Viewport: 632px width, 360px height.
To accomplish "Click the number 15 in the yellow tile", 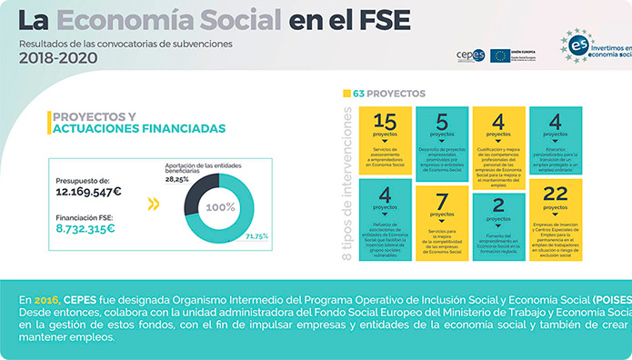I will [x=385, y=121].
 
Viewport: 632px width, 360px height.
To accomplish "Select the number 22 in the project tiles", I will [x=555, y=193].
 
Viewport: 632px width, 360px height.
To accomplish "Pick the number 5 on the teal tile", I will [x=442, y=121].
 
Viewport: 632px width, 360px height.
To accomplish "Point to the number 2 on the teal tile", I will [x=498, y=205].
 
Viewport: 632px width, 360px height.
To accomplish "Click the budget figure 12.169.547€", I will [x=88, y=193].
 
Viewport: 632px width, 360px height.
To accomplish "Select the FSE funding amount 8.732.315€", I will [x=85, y=229].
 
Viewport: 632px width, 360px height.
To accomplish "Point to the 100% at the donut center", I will [x=221, y=207].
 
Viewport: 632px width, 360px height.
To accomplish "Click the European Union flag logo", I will [x=499, y=55].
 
